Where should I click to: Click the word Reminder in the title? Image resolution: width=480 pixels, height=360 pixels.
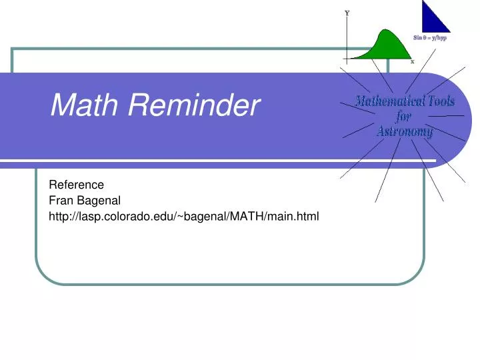tap(193, 105)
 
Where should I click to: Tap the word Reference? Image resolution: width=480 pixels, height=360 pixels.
tap(77, 185)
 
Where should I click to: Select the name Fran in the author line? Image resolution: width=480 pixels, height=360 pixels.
tap(61, 200)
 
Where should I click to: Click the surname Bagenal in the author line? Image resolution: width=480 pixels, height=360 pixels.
tap(99, 200)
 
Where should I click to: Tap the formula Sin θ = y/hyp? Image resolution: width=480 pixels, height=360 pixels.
tap(430, 39)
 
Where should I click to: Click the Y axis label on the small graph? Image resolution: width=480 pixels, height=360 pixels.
tap(347, 13)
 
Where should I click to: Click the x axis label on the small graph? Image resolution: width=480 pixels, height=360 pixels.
tap(412, 61)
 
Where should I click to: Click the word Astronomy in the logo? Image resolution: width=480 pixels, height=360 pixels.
tap(404, 131)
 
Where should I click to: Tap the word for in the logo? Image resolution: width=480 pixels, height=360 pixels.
tap(404, 117)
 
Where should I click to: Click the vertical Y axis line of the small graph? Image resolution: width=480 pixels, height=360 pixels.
tap(347, 37)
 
